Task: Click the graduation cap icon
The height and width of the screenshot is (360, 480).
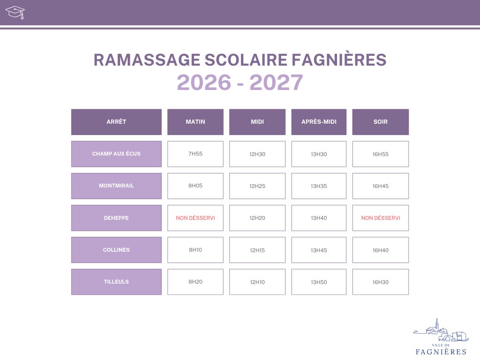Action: click(x=15, y=12)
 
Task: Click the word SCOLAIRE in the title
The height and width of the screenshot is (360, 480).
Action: click(x=246, y=60)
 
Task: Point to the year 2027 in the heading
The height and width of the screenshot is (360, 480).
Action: click(x=276, y=82)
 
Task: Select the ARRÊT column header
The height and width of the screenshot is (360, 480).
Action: click(x=116, y=122)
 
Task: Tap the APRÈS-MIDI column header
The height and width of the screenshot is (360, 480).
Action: click(x=319, y=122)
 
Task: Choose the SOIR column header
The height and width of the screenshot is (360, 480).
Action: click(x=381, y=122)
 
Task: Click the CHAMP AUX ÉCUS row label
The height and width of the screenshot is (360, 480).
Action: click(x=116, y=154)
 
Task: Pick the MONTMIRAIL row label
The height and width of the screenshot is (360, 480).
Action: click(x=116, y=186)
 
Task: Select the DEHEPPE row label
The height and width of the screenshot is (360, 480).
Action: click(x=116, y=218)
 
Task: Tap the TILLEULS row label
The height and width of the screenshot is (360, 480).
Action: click(x=116, y=282)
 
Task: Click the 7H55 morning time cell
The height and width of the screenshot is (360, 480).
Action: click(x=195, y=154)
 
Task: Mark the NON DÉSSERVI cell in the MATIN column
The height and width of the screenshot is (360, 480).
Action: click(x=195, y=218)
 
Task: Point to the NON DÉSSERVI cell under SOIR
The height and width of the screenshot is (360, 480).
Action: click(x=381, y=218)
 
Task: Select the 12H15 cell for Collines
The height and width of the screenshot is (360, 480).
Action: click(x=257, y=250)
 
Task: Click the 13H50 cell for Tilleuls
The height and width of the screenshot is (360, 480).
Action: click(x=319, y=282)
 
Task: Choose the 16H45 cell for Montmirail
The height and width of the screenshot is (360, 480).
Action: click(x=381, y=186)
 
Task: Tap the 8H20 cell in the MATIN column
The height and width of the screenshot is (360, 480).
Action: click(x=195, y=282)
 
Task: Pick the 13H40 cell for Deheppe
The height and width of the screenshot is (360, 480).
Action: click(x=319, y=218)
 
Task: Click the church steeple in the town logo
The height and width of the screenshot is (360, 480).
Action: click(x=437, y=323)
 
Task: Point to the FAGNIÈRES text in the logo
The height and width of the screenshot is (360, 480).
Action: click(x=441, y=352)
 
